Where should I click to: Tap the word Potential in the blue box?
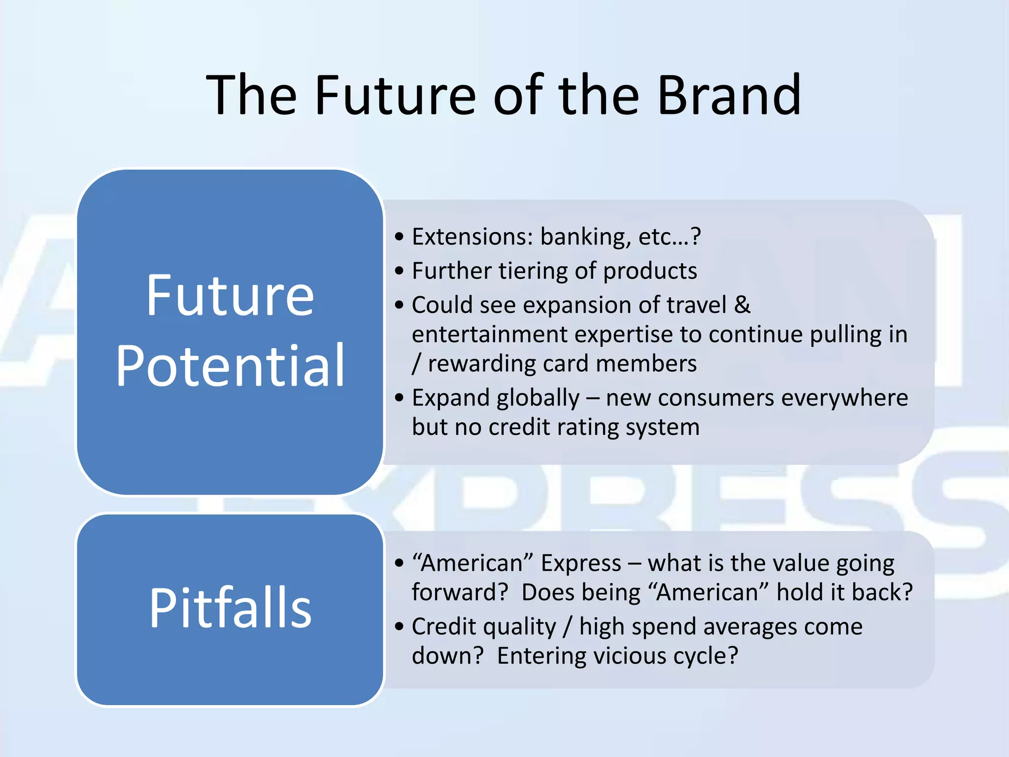click(x=230, y=366)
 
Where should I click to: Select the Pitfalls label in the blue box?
click(x=230, y=608)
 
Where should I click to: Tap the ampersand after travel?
click(x=742, y=305)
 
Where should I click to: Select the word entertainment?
click(x=489, y=335)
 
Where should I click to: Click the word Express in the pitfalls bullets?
click(x=581, y=563)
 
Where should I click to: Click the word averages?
click(x=749, y=627)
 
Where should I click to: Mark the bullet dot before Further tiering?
click(x=400, y=271)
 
